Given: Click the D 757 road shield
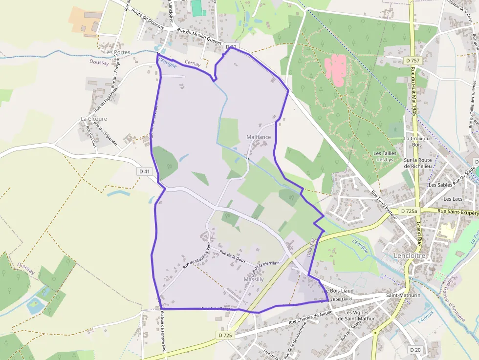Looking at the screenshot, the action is (413, 60).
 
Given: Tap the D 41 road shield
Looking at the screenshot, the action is (144, 171).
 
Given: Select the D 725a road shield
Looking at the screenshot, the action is (409, 212).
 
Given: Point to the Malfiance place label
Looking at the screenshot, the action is (259, 137).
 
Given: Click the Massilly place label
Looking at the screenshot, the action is (254, 279).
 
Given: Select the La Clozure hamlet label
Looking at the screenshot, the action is (94, 119).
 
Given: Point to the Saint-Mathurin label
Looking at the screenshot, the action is (403, 296).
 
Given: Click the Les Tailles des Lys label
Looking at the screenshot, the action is (384, 156).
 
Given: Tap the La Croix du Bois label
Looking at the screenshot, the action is (416, 141).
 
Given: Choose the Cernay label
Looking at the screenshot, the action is (193, 63).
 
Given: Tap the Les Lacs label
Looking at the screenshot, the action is (453, 199).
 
